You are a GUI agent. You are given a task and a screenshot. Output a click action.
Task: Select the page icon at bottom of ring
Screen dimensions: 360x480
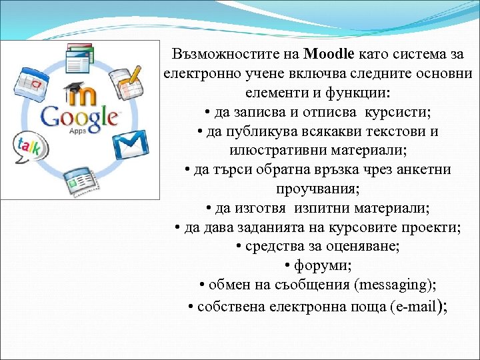tap(79, 179)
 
